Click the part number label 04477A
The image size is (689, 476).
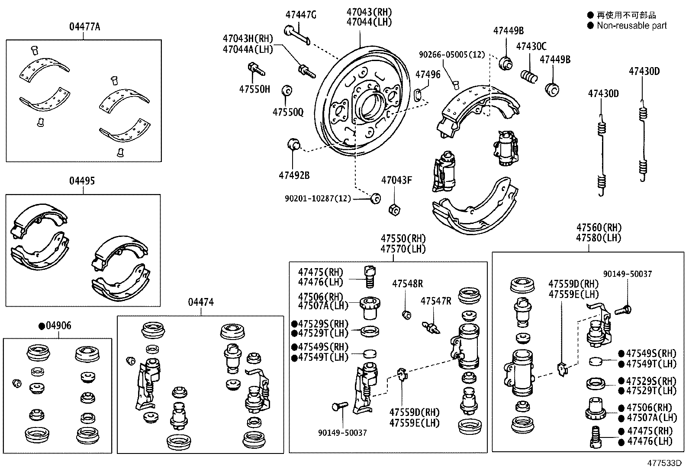tap(84, 27)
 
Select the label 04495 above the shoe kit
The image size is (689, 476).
tap(82, 181)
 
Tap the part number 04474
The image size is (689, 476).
tap(201, 302)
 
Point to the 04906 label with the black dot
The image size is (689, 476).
tap(55, 325)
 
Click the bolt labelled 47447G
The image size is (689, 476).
tap(297, 35)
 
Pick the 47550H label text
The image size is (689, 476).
tap(254, 89)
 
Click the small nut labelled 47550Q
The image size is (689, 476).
tap(287, 91)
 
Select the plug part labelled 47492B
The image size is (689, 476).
tap(294, 144)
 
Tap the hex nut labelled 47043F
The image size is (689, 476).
tap(395, 209)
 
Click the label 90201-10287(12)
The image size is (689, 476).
tap(318, 199)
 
